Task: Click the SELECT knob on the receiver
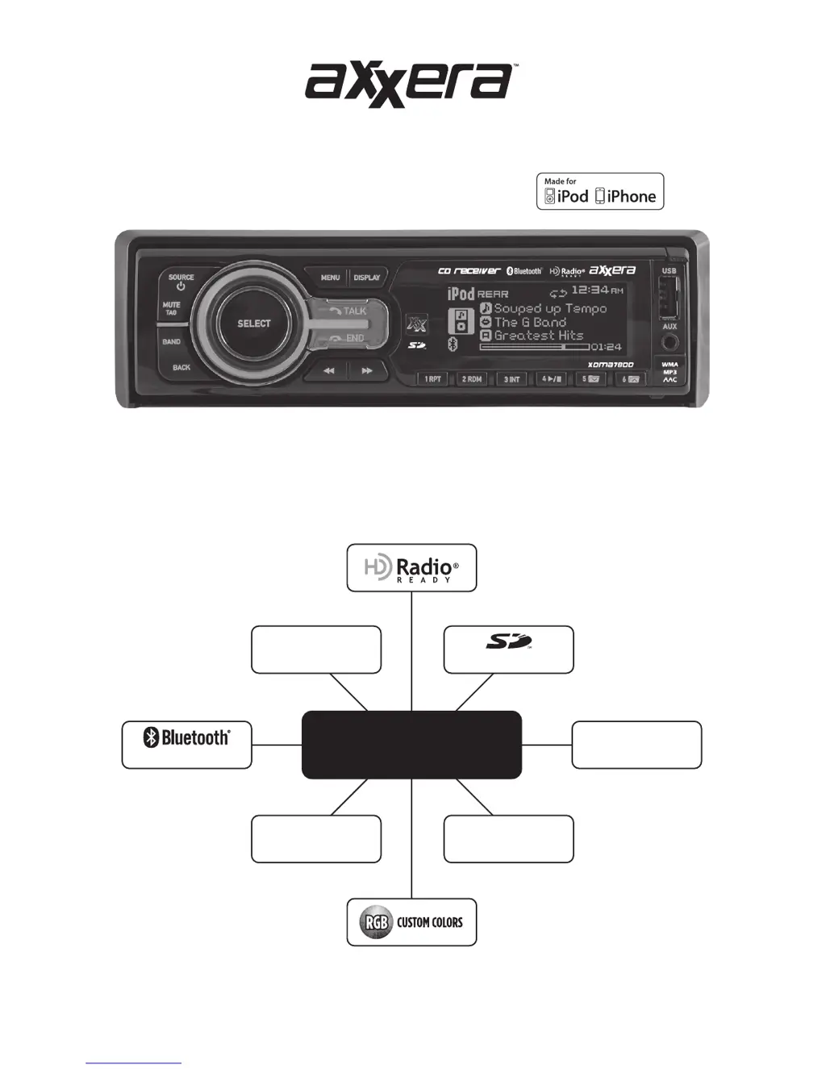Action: click(253, 324)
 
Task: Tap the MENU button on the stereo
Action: click(330, 278)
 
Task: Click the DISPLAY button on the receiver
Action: click(367, 278)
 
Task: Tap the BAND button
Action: click(172, 341)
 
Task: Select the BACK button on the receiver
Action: click(181, 367)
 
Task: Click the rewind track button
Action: click(328, 371)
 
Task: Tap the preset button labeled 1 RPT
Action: click(433, 378)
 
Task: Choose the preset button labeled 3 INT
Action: click(512, 378)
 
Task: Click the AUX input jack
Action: click(670, 342)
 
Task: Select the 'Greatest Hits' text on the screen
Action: click(538, 336)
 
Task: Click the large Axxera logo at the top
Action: click(409, 84)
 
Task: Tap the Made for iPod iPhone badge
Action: click(600, 192)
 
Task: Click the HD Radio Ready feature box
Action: click(411, 568)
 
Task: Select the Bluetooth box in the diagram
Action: click(186, 745)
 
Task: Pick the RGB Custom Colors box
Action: click(411, 922)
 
